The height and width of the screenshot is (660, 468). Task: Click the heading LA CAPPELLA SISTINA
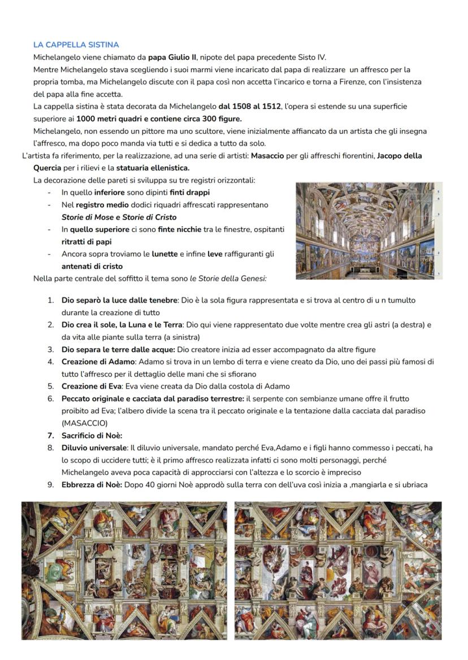[x=76, y=45]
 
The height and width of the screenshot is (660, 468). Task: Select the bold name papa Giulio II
[x=172, y=57]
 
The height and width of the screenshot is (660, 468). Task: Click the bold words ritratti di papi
[x=86, y=242]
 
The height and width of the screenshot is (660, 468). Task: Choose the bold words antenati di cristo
[x=92, y=266]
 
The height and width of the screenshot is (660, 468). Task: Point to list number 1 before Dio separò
[x=51, y=300]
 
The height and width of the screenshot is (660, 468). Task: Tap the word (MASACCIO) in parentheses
[x=84, y=423]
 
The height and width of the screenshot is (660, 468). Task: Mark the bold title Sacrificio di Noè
[x=92, y=435]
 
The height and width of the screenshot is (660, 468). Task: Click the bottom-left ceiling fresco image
[x=124, y=570]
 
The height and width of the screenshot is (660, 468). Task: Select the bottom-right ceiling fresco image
[x=338, y=570]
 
